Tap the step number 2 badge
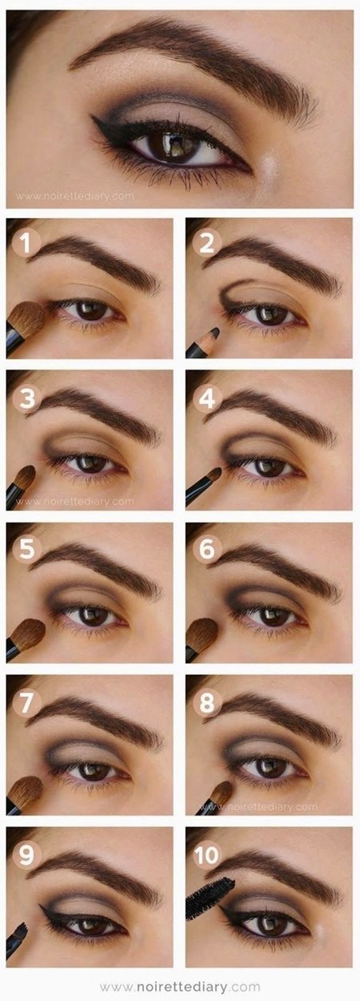[206, 243]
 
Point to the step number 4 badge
[206, 398]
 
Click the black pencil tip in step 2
[215, 332]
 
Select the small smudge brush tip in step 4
[215, 474]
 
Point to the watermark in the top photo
[74, 196]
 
